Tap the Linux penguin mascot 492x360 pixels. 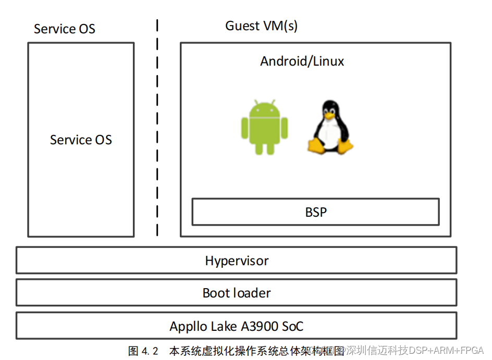click(x=329, y=128)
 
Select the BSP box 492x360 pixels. click(x=315, y=212)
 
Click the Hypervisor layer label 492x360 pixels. click(x=237, y=260)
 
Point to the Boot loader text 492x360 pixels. click(x=237, y=293)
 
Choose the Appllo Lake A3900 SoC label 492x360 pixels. click(x=237, y=327)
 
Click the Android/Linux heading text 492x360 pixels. click(x=302, y=61)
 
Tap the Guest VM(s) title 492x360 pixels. click(x=261, y=26)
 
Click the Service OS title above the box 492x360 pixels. click(x=65, y=29)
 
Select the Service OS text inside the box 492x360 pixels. click(x=81, y=140)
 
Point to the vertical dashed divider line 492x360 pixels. click(x=157, y=130)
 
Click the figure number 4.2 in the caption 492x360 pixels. click(x=150, y=351)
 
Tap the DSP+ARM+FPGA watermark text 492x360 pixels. click(x=447, y=350)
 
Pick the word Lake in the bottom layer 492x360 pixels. click(x=224, y=327)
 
